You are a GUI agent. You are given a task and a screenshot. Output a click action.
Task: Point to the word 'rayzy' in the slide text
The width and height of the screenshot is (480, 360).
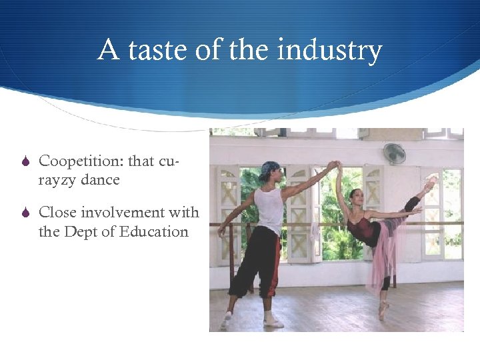pos(59,180)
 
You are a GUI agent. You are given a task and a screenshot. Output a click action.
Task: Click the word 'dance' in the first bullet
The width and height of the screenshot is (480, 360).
pos(101,179)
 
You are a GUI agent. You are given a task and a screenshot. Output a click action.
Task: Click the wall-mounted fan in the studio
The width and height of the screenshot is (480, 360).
pos(394,154)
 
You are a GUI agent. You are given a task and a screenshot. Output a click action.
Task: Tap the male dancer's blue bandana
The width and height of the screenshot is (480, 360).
pos(270,169)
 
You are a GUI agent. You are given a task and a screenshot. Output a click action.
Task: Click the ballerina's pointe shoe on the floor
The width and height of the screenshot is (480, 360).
pos(385,309)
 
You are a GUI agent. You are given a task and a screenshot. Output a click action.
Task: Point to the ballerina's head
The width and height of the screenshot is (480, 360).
pos(356,198)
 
